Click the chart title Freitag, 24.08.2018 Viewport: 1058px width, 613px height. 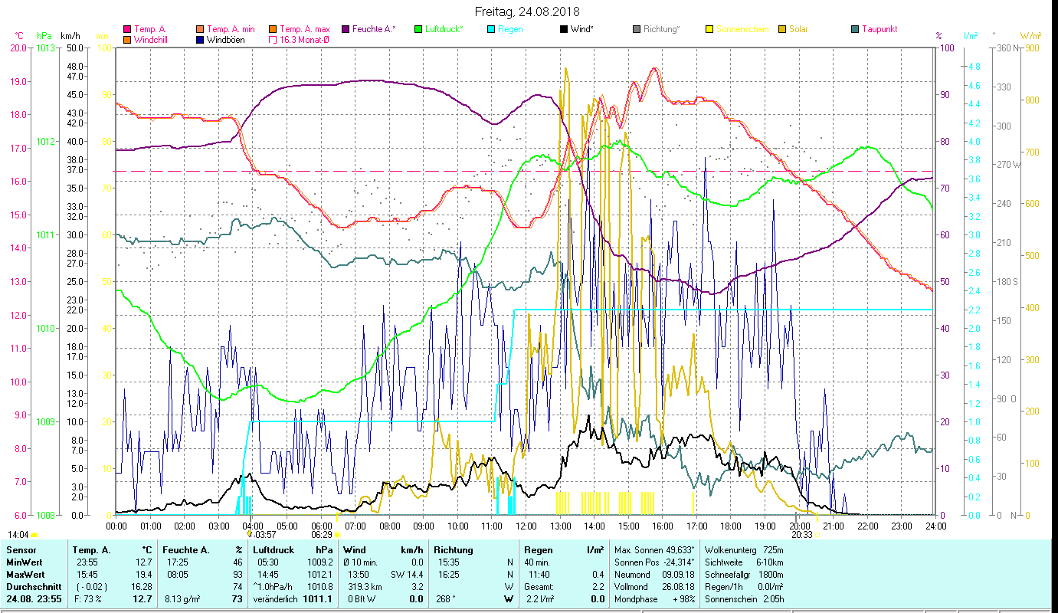(x=527, y=11)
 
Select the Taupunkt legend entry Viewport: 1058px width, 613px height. (x=879, y=29)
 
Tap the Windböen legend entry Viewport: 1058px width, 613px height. (x=225, y=39)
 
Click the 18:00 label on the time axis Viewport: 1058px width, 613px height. (x=731, y=526)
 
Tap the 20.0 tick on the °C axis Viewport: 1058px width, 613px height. (x=18, y=48)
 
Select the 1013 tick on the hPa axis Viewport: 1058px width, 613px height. (x=45, y=48)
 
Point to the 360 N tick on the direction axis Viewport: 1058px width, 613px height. (x=1006, y=48)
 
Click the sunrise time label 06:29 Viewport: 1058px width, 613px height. (x=322, y=535)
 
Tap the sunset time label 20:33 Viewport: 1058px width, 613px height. (x=801, y=535)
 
